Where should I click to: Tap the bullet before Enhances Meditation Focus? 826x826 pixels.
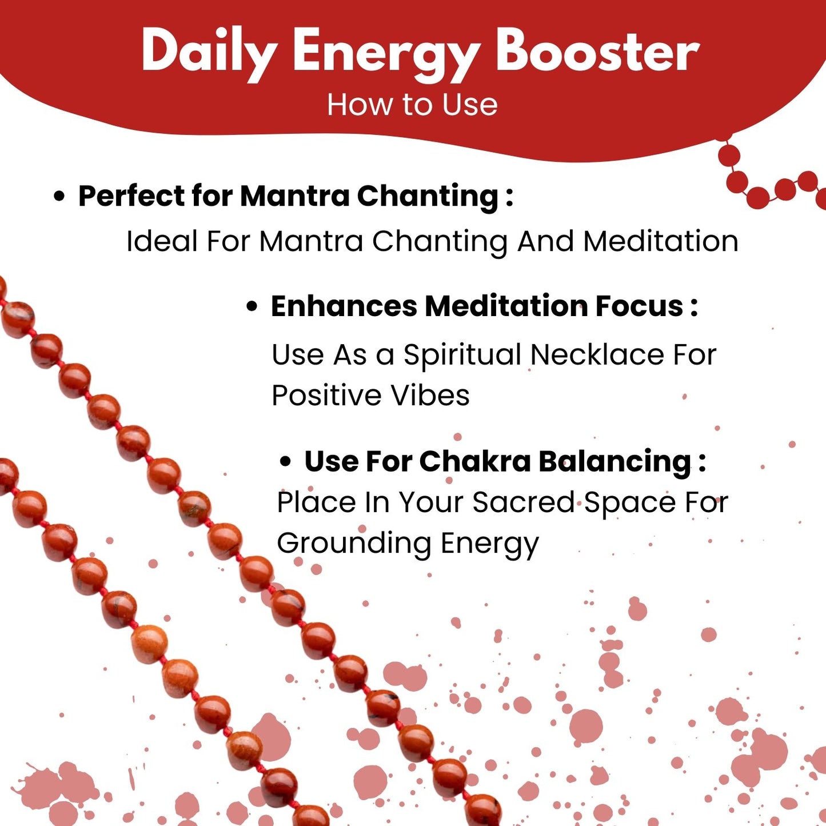coord(253,308)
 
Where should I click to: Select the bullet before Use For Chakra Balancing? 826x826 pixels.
coord(285,462)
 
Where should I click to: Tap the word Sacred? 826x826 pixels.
coord(523,502)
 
